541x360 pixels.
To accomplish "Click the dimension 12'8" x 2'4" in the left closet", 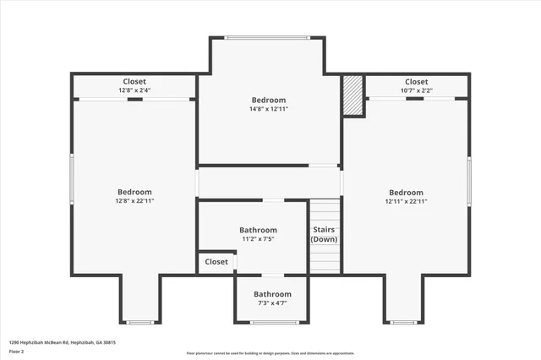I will [134, 90].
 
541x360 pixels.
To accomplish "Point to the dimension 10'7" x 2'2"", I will [416, 90].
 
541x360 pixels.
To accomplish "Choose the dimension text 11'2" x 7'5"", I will [258, 239].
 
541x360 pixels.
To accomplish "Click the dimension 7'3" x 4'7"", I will [272, 303].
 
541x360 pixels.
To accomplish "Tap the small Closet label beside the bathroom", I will [216, 262].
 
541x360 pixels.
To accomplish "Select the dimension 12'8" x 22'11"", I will [134, 201].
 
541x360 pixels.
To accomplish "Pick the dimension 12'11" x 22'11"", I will [406, 201].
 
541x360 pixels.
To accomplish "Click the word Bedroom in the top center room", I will [268, 100].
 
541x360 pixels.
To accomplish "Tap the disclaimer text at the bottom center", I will [270, 352].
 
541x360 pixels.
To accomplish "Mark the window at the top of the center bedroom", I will [267, 36].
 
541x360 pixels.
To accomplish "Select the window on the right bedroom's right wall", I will [469, 178].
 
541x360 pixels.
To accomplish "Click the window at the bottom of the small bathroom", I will [274, 322].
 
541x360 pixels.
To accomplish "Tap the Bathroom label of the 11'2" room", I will [258, 230].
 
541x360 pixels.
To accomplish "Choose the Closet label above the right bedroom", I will [416, 82].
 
